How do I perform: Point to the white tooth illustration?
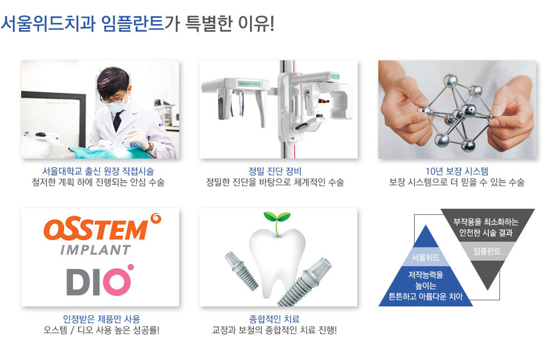point(277,263)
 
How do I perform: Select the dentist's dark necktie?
point(117,121)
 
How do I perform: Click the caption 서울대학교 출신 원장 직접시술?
point(98,171)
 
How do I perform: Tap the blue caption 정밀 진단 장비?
point(275,171)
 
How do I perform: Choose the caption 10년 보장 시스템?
point(457,171)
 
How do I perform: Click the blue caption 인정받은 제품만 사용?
point(102,319)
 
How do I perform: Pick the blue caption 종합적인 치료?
point(275,319)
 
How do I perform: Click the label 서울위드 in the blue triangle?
point(426,257)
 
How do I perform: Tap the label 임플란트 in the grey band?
point(487,251)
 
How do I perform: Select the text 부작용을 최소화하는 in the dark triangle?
point(486,222)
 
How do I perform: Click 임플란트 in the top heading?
point(132,23)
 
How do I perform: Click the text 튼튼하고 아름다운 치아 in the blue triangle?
point(426,296)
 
